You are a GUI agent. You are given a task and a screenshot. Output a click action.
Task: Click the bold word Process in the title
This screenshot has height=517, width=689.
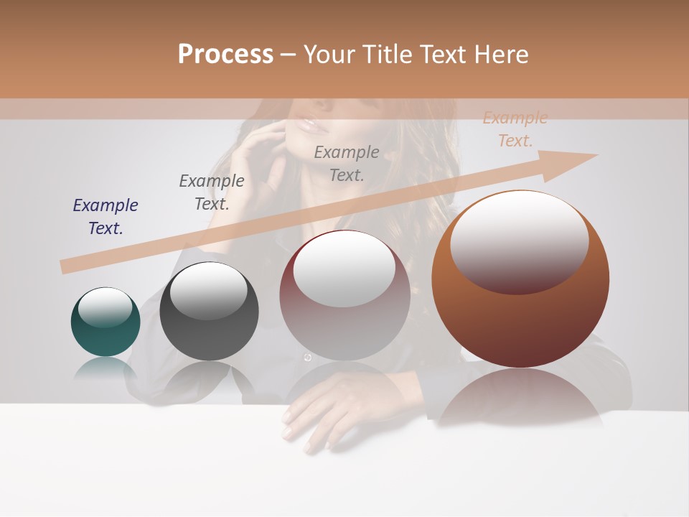[225, 55]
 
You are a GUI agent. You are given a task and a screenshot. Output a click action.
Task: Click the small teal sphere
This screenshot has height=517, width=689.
[106, 322]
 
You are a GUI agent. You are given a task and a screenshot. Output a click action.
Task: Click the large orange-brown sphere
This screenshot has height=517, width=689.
[520, 280]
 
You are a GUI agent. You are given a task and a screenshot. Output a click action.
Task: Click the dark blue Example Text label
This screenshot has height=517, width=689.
[106, 216]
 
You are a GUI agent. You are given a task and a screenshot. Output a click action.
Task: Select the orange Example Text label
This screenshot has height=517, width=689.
[515, 129]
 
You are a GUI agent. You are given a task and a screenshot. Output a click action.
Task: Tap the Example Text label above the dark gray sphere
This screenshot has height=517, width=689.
[212, 192]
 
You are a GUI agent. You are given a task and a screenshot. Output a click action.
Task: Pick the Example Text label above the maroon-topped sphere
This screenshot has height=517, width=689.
[347, 163]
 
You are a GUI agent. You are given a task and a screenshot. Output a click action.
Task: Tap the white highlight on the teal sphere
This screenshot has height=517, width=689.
[106, 307]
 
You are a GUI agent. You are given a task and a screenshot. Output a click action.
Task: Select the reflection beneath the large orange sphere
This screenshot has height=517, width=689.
[520, 395]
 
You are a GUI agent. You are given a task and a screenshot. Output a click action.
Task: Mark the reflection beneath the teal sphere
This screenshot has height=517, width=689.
[106, 368]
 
